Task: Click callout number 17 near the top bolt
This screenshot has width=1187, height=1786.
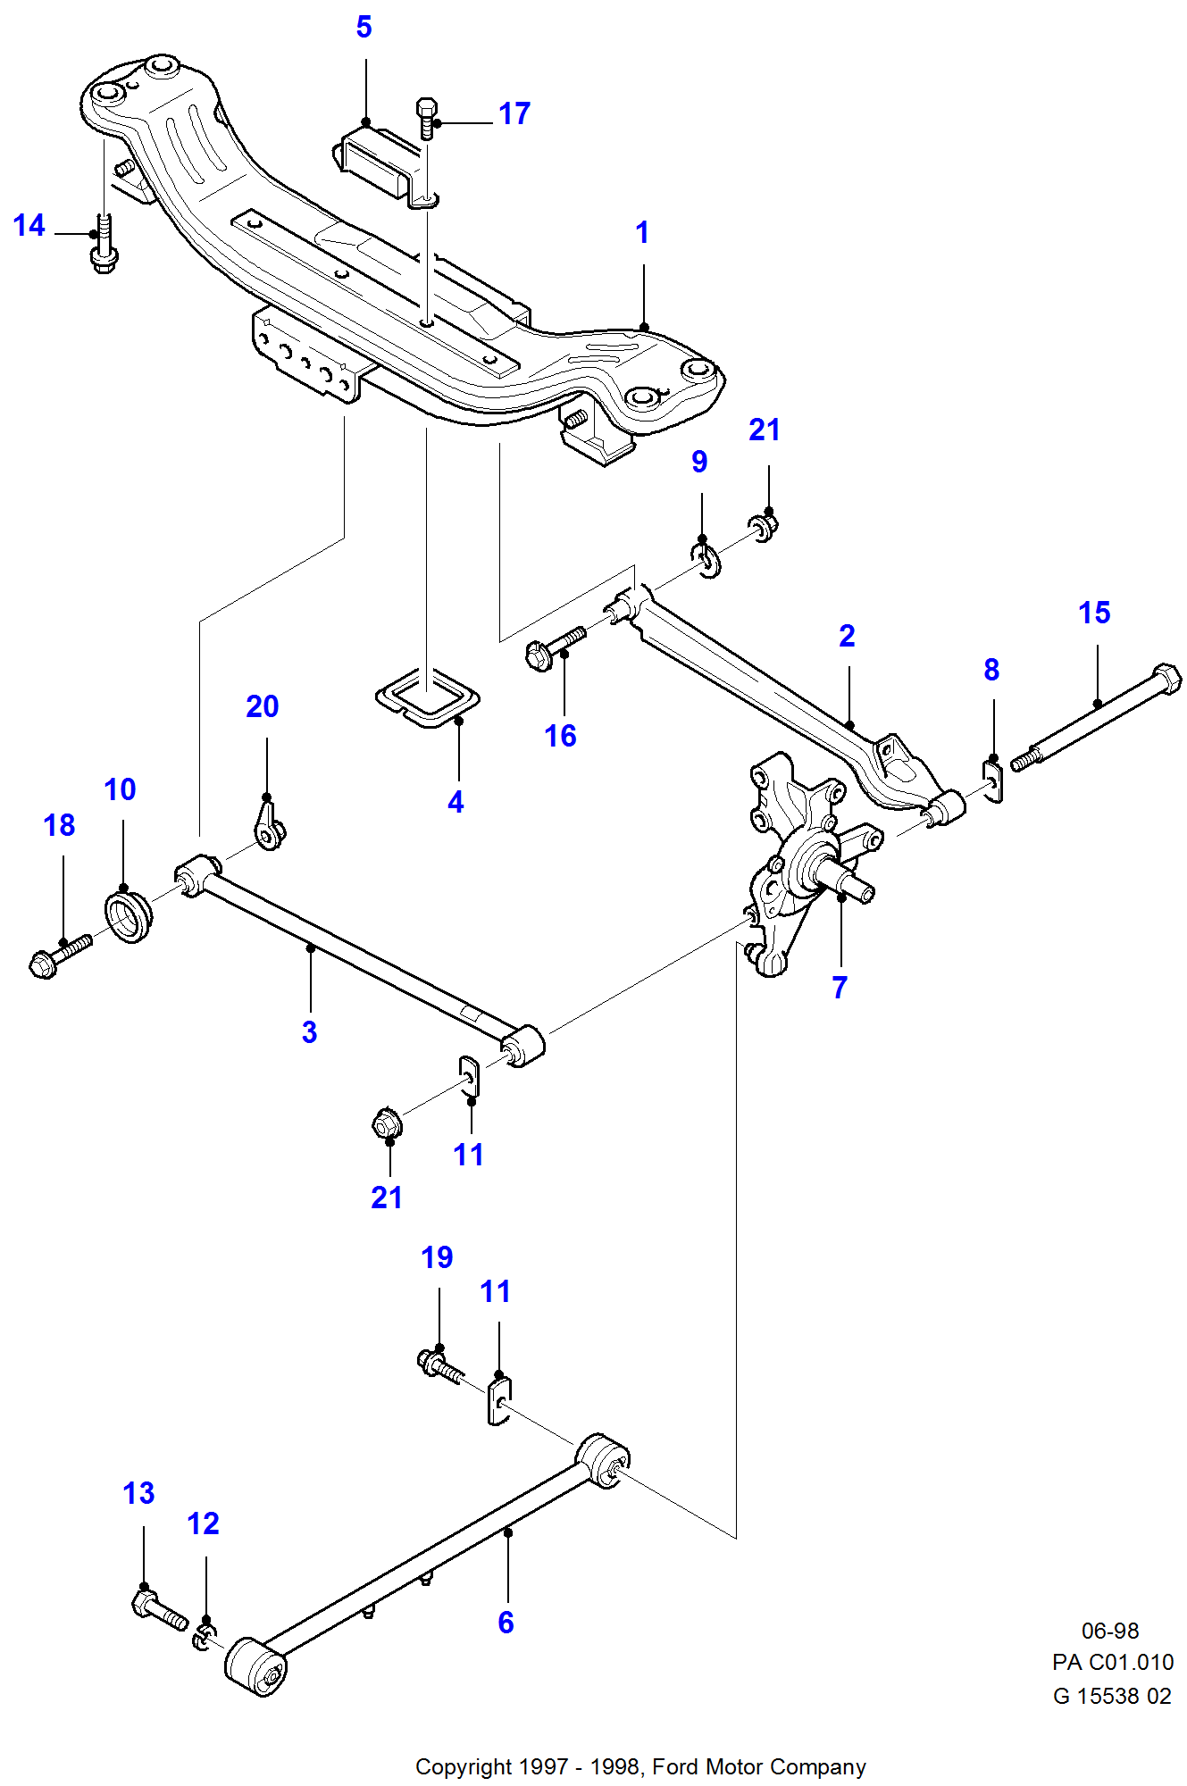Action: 514,113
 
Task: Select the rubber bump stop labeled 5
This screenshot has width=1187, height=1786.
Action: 376,162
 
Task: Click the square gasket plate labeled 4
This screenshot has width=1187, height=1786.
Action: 427,696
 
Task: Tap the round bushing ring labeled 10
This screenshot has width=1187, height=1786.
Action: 129,915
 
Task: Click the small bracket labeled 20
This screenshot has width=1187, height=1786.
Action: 268,826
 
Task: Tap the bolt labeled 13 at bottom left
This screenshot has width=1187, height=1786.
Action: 158,1607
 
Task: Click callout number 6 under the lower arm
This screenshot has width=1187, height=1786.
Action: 506,1623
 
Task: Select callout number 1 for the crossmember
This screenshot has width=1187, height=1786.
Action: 641,232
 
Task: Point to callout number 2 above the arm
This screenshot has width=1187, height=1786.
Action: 847,636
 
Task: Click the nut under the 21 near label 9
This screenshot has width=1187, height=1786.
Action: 765,526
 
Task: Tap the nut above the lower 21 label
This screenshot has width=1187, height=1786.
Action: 386,1123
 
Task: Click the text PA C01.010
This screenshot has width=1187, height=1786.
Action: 1112,1662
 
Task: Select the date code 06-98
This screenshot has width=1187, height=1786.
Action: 1109,1631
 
